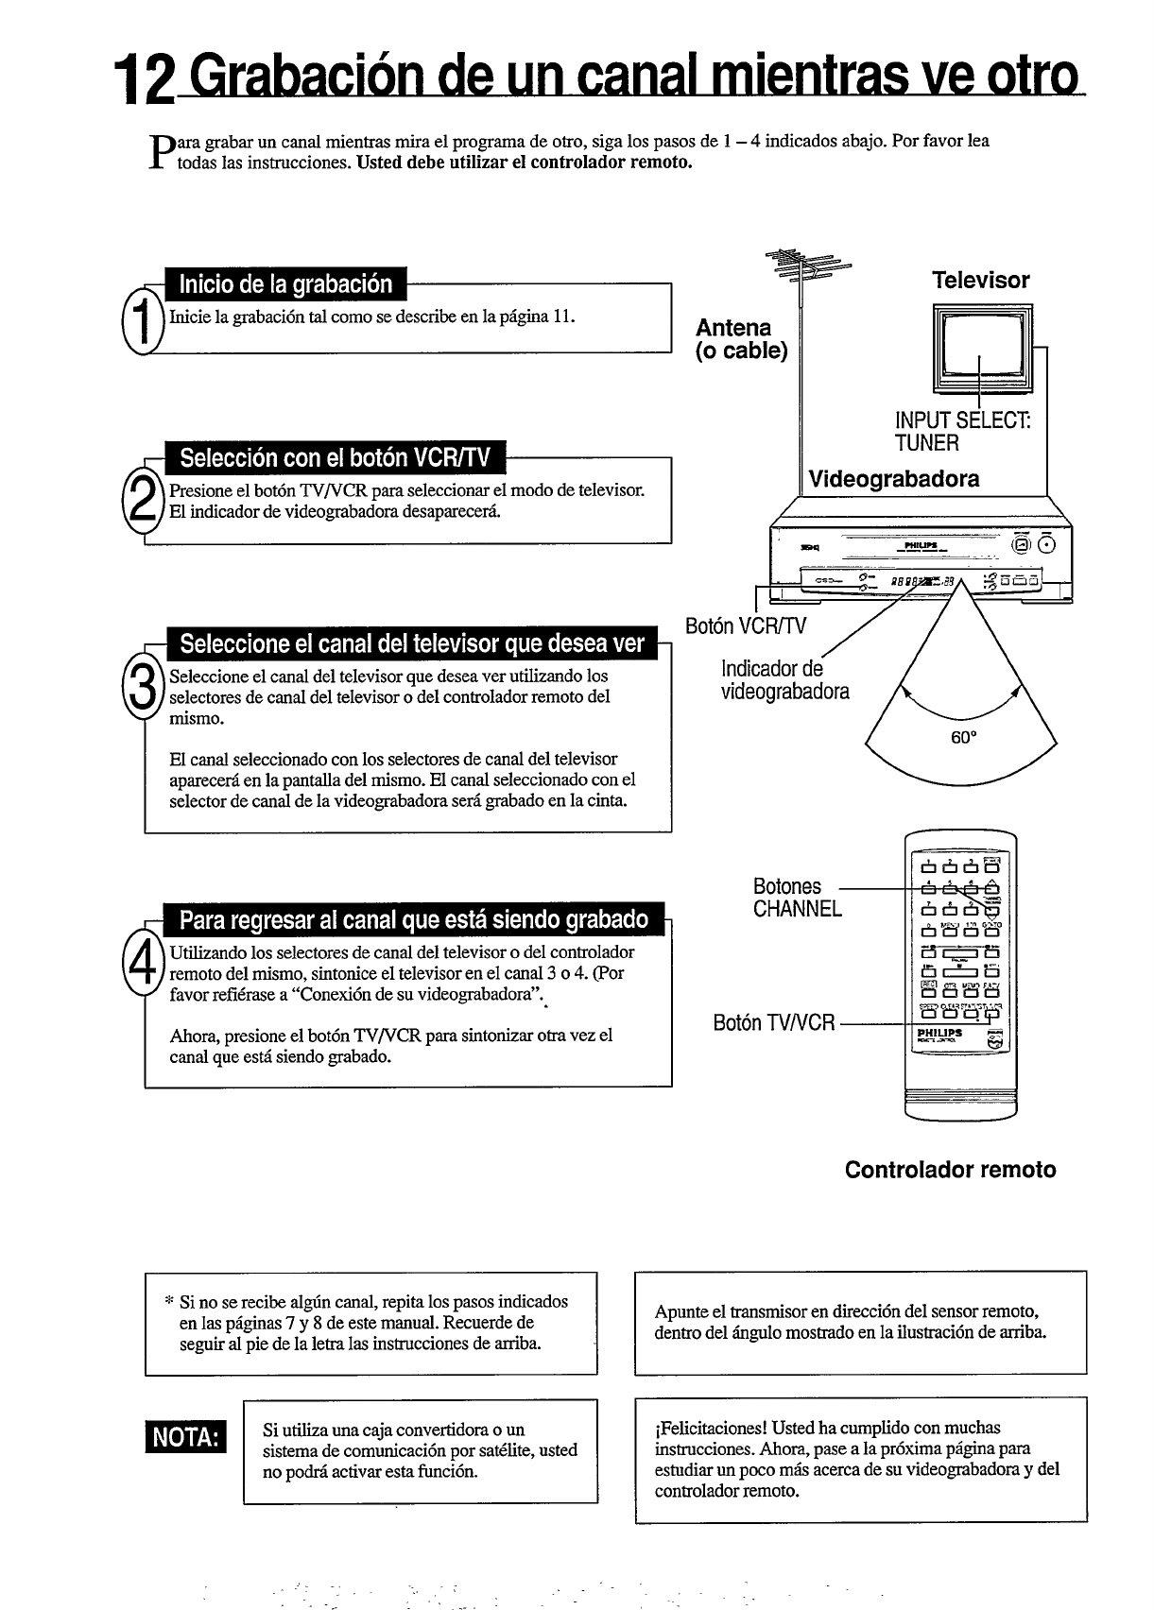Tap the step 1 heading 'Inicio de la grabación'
click(x=285, y=284)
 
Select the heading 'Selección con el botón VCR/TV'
click(x=336, y=458)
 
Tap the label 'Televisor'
click(x=980, y=280)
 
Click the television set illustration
click(x=982, y=347)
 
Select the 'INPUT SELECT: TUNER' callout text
click(x=962, y=431)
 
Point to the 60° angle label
click(x=962, y=738)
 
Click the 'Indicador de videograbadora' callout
click(x=784, y=680)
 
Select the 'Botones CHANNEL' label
click(x=797, y=898)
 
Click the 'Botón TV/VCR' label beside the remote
click(x=774, y=1022)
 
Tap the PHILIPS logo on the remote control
click(x=939, y=1033)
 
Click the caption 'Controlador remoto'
click(x=950, y=1170)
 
